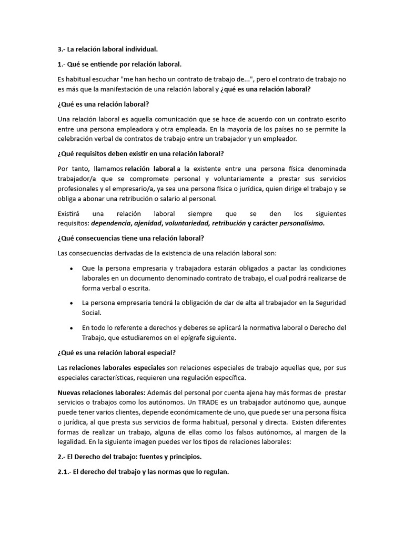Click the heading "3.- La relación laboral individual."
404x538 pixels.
(107, 49)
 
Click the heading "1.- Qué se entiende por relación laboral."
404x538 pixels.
(119, 64)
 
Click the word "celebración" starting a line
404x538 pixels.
(76, 139)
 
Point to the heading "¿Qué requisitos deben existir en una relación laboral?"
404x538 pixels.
(140, 153)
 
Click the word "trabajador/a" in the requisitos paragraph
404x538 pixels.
(77, 179)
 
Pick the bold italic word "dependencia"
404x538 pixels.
(110, 223)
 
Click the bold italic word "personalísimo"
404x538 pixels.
(302, 223)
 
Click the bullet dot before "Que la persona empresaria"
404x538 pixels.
(71, 268)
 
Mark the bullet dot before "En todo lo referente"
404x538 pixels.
(71, 328)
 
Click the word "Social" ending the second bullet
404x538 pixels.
(92, 313)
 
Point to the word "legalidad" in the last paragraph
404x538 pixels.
(72, 442)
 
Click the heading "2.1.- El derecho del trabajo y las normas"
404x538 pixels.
(143, 471)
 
